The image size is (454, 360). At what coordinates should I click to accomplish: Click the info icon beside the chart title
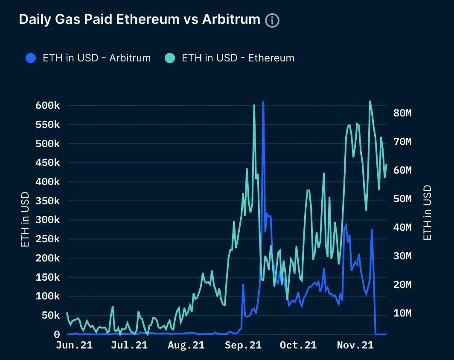click(272, 20)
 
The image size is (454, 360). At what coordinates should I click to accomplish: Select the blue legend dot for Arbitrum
click(31, 58)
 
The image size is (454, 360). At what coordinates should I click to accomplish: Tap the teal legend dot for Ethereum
click(170, 58)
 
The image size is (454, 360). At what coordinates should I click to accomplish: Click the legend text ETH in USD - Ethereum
click(238, 58)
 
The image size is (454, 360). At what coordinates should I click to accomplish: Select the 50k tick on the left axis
click(49, 315)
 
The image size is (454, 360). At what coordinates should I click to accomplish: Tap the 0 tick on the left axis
click(56, 334)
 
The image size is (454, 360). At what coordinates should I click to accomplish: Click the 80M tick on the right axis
click(401, 113)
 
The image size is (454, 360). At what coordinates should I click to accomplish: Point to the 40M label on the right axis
click(401, 227)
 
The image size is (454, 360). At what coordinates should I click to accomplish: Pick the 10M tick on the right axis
click(401, 314)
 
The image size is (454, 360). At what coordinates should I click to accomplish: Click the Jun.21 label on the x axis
click(74, 345)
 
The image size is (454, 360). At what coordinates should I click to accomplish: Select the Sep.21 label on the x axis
click(242, 345)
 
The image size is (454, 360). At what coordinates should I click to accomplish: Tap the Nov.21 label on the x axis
click(355, 345)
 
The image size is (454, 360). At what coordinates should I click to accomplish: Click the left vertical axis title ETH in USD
click(25, 220)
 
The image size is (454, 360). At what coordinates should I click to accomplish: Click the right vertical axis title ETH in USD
click(428, 212)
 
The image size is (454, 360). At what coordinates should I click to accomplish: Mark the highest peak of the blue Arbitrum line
click(263, 102)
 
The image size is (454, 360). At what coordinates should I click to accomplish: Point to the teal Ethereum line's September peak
click(254, 105)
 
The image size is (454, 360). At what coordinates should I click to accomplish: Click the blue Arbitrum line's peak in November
click(372, 229)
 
